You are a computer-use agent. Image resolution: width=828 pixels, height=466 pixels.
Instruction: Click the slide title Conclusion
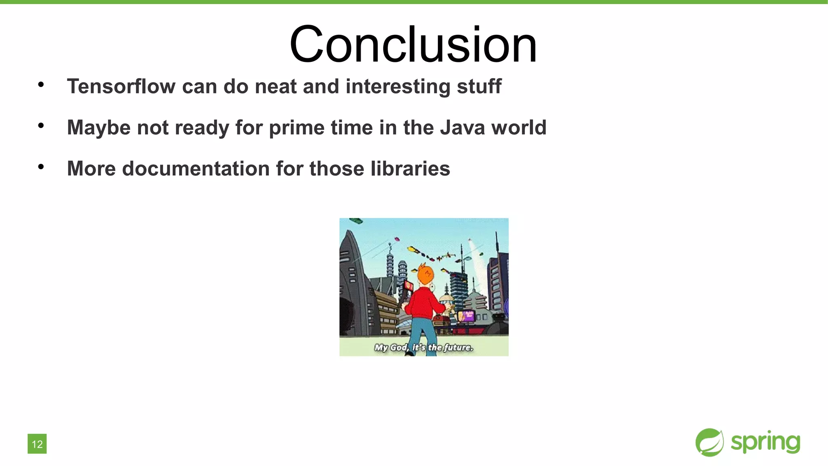413,44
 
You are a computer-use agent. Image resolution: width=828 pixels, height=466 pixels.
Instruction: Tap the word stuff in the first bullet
479,86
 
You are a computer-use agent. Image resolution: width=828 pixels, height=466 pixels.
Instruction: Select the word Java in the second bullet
462,127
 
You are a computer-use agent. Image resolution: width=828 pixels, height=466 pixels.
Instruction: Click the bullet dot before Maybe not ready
41,126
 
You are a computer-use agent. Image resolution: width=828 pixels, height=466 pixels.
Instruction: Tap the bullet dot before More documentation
41,167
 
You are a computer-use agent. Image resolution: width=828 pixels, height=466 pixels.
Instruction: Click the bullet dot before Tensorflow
41,85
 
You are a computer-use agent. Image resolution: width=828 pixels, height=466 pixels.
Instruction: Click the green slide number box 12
37,444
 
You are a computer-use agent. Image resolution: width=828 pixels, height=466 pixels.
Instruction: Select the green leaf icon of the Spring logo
710,442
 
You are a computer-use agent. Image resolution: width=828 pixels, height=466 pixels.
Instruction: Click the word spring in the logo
765,442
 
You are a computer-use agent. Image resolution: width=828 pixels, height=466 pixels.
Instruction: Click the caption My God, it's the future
423,347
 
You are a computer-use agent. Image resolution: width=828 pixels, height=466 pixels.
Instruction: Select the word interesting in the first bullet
397,86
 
